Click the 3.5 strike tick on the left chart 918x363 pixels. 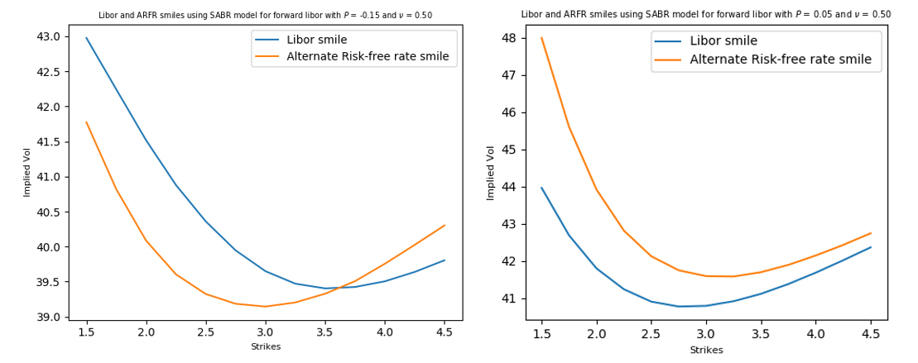[324, 332]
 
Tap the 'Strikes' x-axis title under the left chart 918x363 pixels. [266, 346]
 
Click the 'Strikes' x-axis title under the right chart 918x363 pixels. [706, 350]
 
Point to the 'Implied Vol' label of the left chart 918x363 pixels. [26, 173]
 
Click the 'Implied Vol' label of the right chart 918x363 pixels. [491, 173]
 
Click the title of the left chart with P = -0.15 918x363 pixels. [265, 15]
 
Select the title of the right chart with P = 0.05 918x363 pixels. [705, 14]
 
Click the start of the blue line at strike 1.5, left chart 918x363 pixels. [87, 38]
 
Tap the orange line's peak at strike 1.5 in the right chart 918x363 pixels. [541, 38]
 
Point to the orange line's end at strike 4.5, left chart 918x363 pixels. [445, 225]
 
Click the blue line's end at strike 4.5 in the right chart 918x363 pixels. [870, 247]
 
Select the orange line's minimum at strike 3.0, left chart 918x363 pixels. [265, 307]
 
